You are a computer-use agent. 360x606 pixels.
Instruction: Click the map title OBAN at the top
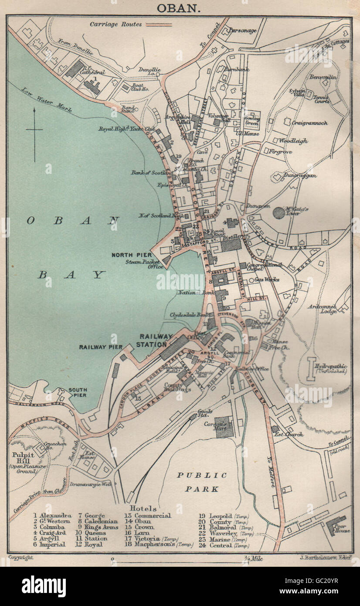click(180, 8)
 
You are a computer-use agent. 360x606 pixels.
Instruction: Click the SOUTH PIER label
click(77, 392)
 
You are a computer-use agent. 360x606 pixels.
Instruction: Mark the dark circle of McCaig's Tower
click(279, 213)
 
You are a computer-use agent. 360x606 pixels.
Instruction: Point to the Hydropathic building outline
click(311, 368)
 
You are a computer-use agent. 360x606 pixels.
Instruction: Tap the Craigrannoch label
click(310, 123)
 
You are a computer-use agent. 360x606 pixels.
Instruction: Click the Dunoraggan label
click(299, 175)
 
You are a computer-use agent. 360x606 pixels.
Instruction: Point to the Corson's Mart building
click(224, 427)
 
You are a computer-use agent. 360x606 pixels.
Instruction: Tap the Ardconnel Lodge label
click(322, 309)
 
